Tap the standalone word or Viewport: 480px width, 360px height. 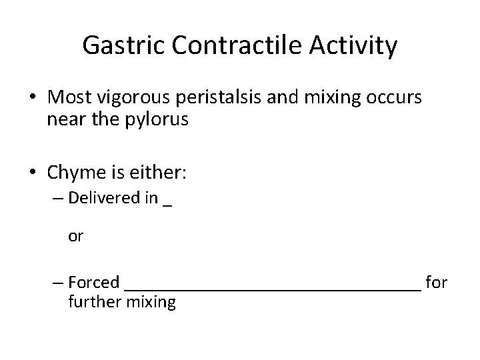75,237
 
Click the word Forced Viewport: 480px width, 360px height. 94,283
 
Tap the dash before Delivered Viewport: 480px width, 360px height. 57,199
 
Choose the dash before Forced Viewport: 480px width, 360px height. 57,283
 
